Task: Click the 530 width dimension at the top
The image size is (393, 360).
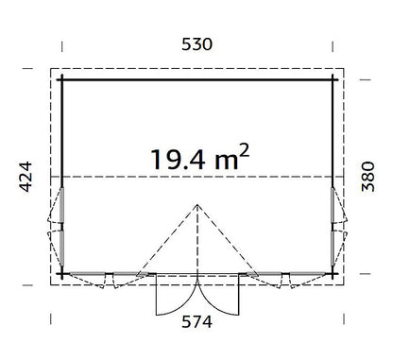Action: [196, 44]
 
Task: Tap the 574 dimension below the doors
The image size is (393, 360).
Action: [196, 322]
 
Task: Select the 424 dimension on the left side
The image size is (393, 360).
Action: [26, 177]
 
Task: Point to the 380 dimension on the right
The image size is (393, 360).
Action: [367, 177]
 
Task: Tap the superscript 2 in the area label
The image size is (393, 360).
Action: [245, 150]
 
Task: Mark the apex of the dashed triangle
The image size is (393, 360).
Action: [197, 205]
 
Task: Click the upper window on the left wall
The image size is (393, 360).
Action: [62, 205]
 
